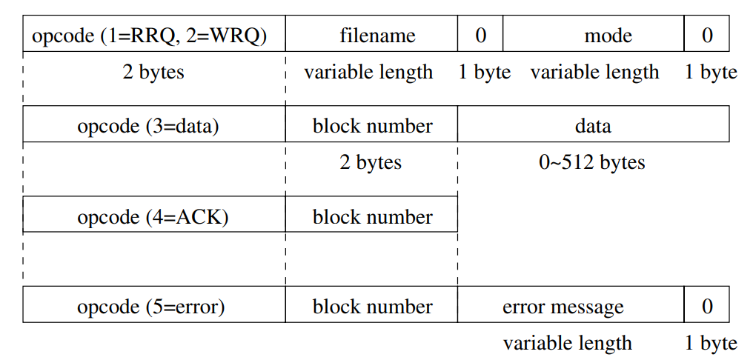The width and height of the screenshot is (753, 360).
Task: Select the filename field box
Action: click(371, 35)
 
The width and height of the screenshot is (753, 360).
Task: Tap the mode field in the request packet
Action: click(593, 35)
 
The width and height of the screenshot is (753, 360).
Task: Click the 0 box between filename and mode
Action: click(480, 35)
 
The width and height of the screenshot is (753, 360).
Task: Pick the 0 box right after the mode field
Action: click(706, 35)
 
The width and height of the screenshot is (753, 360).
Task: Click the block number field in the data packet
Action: click(371, 125)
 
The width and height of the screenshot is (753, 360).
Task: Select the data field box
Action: click(593, 125)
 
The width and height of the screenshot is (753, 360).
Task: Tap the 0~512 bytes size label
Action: click(591, 162)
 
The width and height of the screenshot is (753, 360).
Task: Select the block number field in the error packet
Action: click(371, 306)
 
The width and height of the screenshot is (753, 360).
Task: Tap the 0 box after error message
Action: click(706, 306)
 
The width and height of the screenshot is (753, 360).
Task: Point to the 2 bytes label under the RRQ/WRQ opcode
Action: click(153, 72)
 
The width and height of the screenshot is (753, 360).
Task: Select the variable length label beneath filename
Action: click(368, 72)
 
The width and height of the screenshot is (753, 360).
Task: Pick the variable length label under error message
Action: click(567, 343)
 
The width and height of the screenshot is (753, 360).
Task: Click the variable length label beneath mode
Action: click(594, 72)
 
